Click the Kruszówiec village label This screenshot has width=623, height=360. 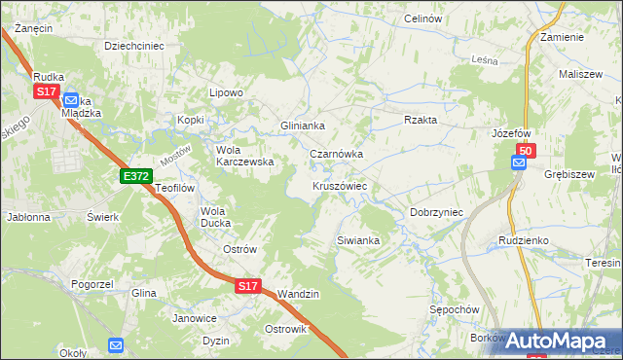[339, 185]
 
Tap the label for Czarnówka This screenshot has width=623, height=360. [336, 154]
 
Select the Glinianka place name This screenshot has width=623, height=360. [302, 126]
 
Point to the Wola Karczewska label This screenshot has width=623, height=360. [244, 156]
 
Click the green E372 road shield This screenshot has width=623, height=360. [135, 175]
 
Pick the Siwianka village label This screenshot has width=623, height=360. [358, 238]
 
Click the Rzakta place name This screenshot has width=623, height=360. [421, 120]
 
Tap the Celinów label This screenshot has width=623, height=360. [422, 19]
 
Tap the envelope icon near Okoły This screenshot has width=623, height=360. [116, 344]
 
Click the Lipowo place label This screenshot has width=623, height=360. [226, 92]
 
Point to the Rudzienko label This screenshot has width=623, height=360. [525, 238]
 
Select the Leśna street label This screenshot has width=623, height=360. [484, 59]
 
